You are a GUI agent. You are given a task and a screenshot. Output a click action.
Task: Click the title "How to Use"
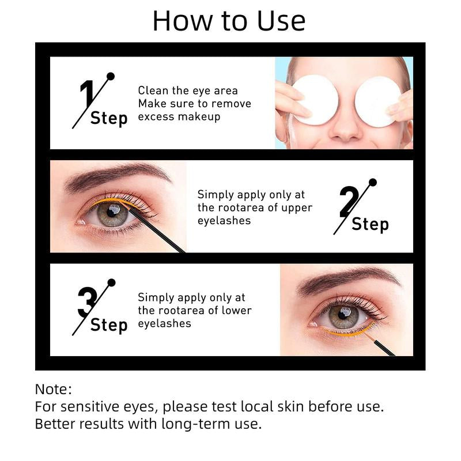pos(229,21)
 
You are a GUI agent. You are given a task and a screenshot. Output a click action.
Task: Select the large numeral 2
pos(349,202)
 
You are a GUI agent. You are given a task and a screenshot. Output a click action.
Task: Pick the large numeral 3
pos(87,303)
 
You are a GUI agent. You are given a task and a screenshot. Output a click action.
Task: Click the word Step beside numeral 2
pos(370,224)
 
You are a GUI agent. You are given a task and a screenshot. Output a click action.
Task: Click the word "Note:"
pos(53,389)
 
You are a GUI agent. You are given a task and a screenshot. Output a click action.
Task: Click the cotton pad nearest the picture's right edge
pos(377,101)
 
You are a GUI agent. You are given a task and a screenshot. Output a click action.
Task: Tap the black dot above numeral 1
pos(111,76)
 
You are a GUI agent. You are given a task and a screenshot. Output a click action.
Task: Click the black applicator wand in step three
pos(383,346)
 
